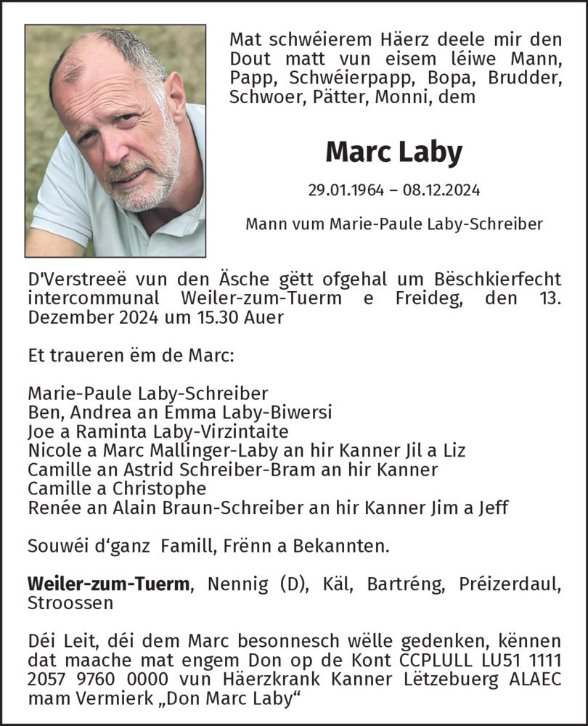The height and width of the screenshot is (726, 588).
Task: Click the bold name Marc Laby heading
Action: (393, 152)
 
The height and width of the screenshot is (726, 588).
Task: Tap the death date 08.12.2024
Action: (444, 191)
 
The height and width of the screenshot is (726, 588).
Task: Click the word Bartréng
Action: (404, 584)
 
